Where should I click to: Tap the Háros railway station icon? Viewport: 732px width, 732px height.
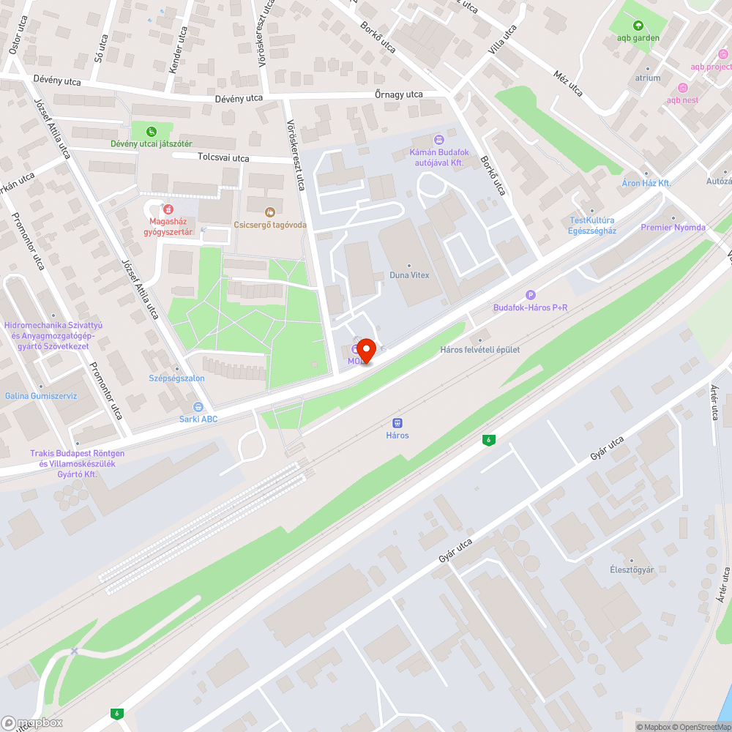(397, 423)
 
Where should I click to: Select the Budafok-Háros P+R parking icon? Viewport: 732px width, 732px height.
(531, 295)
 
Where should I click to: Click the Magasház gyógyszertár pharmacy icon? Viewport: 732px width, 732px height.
(168, 209)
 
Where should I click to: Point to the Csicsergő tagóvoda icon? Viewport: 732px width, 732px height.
(269, 212)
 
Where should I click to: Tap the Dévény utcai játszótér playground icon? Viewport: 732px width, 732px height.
(151, 132)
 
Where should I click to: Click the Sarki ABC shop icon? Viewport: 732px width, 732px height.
(198, 407)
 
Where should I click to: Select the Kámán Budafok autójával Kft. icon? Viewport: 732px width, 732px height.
(438, 139)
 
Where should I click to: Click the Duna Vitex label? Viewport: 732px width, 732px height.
(410, 275)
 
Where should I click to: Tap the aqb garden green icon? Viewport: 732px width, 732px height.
(638, 26)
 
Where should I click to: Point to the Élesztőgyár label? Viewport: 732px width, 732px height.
(632, 569)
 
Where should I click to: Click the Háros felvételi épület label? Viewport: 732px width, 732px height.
(480, 349)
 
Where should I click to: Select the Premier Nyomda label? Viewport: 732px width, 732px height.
(673, 228)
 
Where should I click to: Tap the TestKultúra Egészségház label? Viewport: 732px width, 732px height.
(592, 225)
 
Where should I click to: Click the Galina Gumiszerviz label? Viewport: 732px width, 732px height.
(41, 396)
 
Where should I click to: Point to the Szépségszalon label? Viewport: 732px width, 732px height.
(176, 378)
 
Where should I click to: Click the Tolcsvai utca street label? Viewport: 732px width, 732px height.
(223, 157)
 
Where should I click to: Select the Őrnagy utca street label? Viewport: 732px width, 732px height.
(398, 94)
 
